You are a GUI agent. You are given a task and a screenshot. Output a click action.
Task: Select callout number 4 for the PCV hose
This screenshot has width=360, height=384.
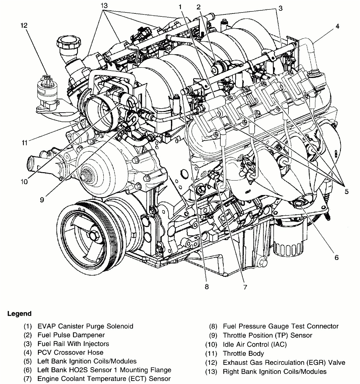[337, 26]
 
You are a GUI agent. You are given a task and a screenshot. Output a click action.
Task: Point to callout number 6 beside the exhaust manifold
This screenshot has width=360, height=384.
[336, 258]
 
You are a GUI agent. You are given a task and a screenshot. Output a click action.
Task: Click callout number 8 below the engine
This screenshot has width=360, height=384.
[207, 286]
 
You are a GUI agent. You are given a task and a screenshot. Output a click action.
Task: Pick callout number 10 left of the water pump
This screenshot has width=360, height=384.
[24, 182]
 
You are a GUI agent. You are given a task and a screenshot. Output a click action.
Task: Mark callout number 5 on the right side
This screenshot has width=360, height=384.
[346, 192]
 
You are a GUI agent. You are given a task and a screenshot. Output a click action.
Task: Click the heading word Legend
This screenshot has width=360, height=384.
[19, 314]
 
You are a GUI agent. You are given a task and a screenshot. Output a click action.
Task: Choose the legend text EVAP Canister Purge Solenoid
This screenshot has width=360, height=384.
[85, 326]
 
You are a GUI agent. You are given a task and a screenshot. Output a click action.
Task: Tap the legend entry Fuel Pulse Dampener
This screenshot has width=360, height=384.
[71, 335]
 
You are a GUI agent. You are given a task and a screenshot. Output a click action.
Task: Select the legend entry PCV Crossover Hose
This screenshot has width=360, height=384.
[70, 352]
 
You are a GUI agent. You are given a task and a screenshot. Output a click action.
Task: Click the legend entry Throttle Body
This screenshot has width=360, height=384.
[243, 353]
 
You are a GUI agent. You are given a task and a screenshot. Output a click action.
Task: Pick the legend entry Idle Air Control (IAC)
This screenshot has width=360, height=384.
[255, 344]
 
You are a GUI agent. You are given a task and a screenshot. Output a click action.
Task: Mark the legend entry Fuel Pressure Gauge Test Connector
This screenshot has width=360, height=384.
[280, 326]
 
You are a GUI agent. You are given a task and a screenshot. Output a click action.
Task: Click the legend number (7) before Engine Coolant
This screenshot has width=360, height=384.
[28, 379]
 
